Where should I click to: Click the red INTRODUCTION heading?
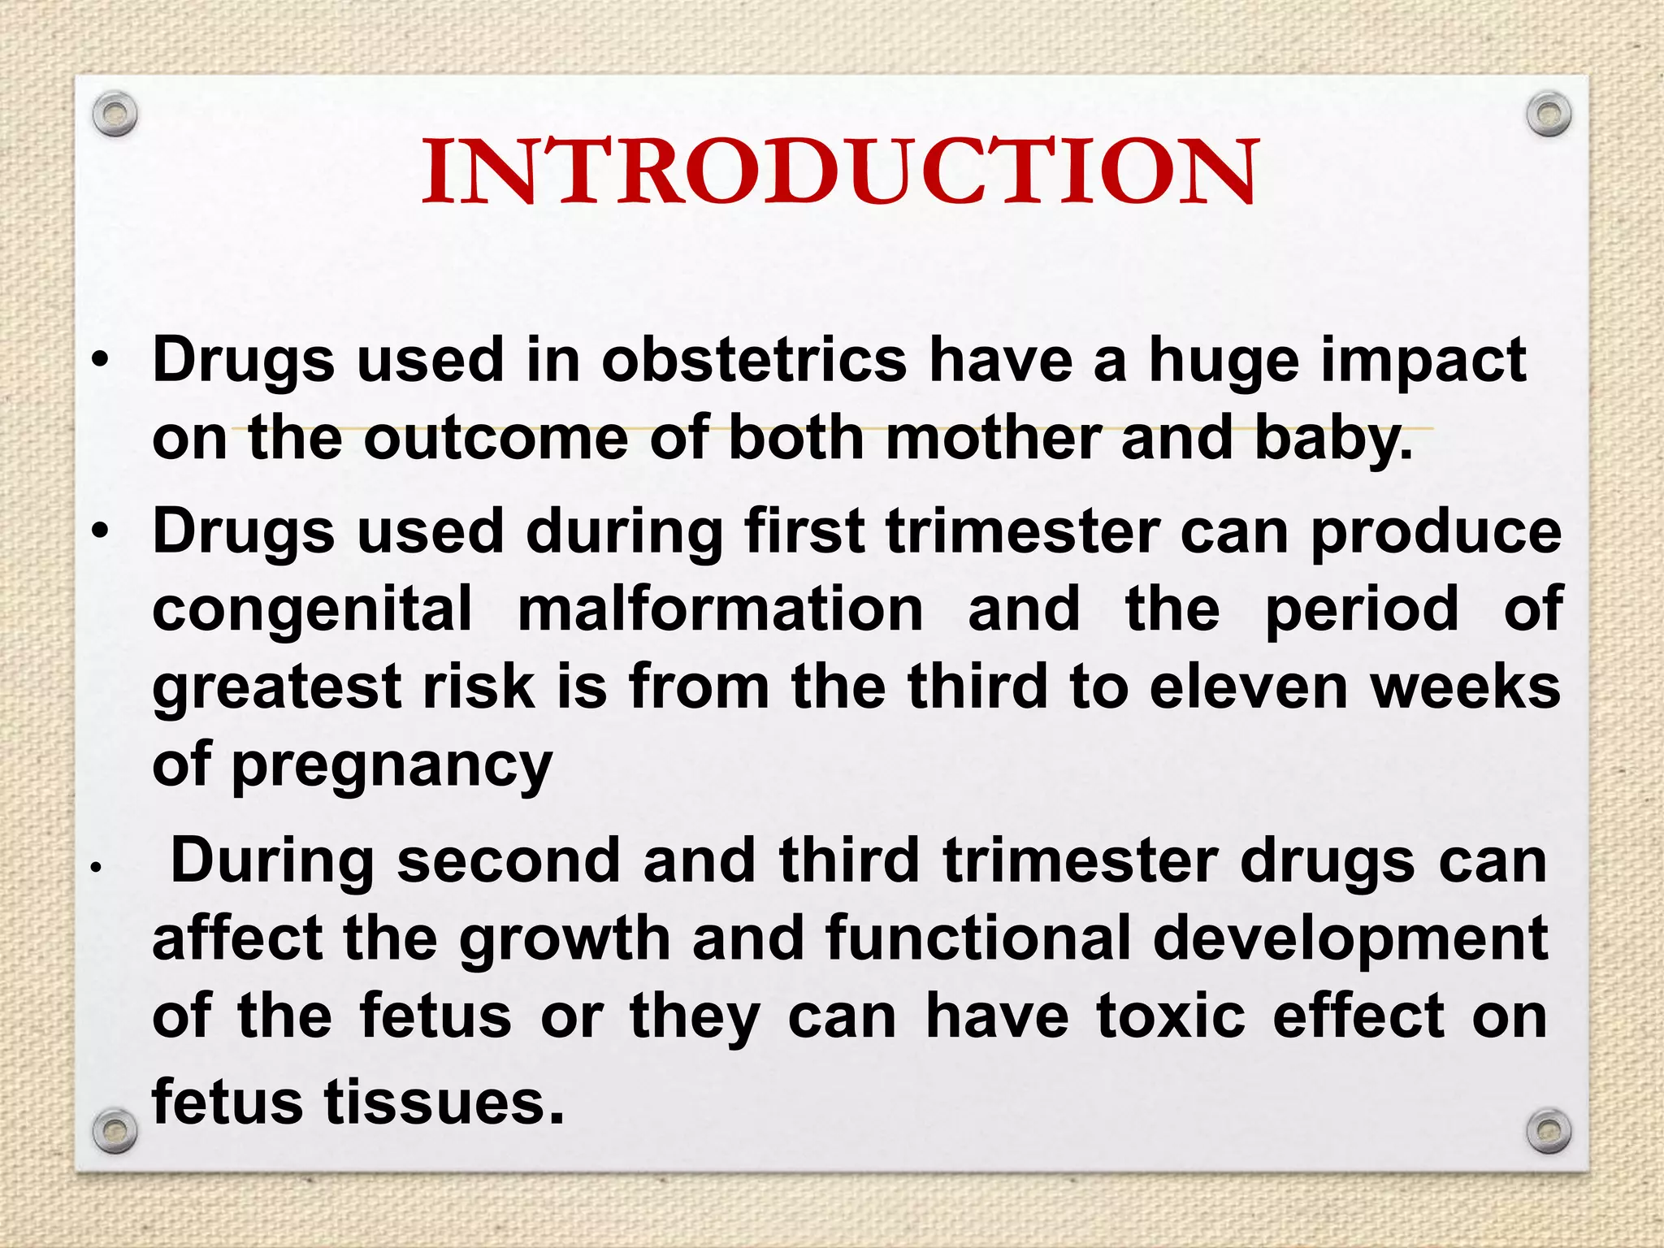click(x=840, y=172)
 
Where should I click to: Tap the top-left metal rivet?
click(x=114, y=114)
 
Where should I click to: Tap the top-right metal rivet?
click(x=1549, y=114)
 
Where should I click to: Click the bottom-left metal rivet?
click(x=114, y=1130)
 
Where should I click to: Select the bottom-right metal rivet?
click(x=1549, y=1130)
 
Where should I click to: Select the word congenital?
click(x=312, y=609)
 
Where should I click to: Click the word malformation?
click(x=720, y=609)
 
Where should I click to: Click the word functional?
click(x=977, y=938)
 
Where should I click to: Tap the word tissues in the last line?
click(x=443, y=1103)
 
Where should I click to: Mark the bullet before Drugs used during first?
click(x=99, y=532)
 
